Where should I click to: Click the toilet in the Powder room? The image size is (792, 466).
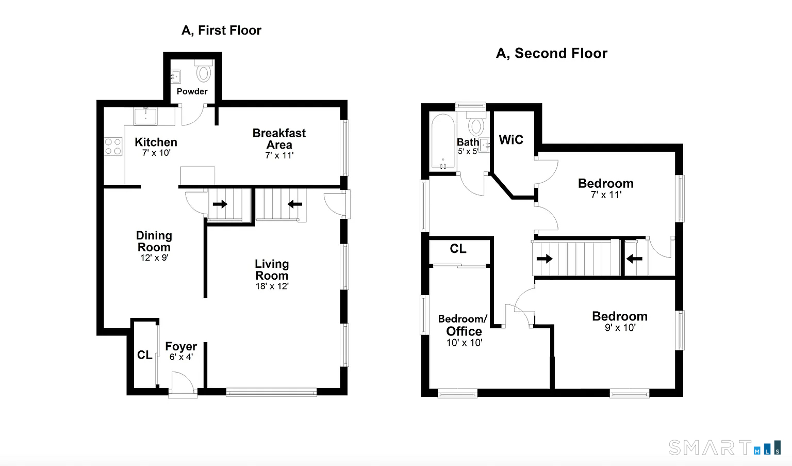[x=203, y=71]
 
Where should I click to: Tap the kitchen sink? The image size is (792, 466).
[x=145, y=117]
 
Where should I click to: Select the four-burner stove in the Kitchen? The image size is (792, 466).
[x=113, y=147]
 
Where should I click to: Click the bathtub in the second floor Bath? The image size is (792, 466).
[x=443, y=141]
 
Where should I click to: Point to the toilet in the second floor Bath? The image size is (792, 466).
[x=476, y=124]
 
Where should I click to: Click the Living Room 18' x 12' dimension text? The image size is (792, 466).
[x=272, y=286]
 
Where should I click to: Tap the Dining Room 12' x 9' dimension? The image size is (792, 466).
[x=154, y=258]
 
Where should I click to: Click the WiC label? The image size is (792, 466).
[x=511, y=140]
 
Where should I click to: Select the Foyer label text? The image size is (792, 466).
[x=181, y=346]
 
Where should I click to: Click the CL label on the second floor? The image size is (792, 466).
[x=458, y=249]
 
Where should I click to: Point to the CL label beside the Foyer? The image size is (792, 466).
[x=144, y=355]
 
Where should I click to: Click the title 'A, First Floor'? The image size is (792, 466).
[x=221, y=30]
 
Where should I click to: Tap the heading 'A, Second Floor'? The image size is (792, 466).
[x=552, y=54]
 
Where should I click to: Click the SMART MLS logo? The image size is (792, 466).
[x=724, y=447]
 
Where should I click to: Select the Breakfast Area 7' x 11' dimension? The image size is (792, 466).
[x=279, y=155]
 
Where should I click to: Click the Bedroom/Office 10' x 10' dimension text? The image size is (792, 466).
[x=464, y=343]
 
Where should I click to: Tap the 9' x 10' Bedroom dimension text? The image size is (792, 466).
[x=620, y=328]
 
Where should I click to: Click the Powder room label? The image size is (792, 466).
[x=192, y=92]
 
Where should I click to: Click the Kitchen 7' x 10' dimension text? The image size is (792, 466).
[x=156, y=153]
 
